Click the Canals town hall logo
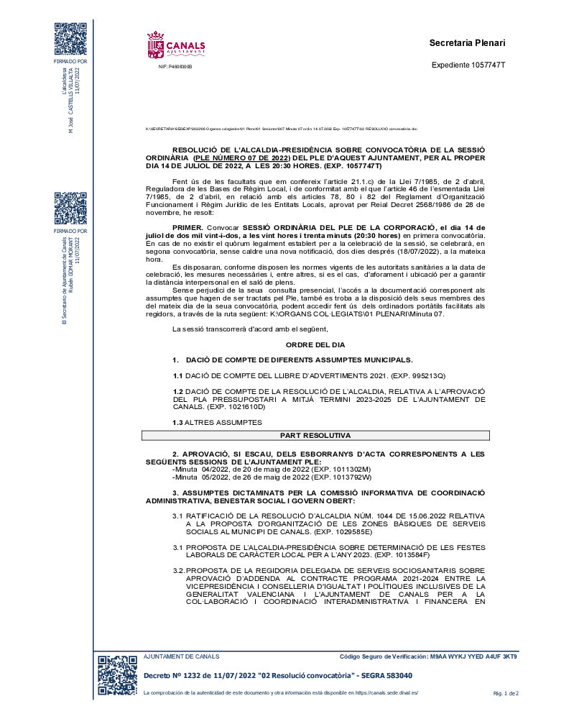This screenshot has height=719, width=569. click(176, 45)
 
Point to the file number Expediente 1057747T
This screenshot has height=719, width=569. click(468, 65)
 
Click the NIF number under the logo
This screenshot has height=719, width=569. click(175, 66)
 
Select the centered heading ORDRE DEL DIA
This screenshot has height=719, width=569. click(315, 345)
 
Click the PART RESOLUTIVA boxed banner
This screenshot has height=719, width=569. click(315, 436)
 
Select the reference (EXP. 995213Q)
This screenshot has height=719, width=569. click(415, 376)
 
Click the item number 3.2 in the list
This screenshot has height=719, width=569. click(178, 570)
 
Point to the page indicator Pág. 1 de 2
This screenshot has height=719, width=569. click(506, 693)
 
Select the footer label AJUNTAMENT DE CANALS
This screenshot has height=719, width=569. click(182, 657)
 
